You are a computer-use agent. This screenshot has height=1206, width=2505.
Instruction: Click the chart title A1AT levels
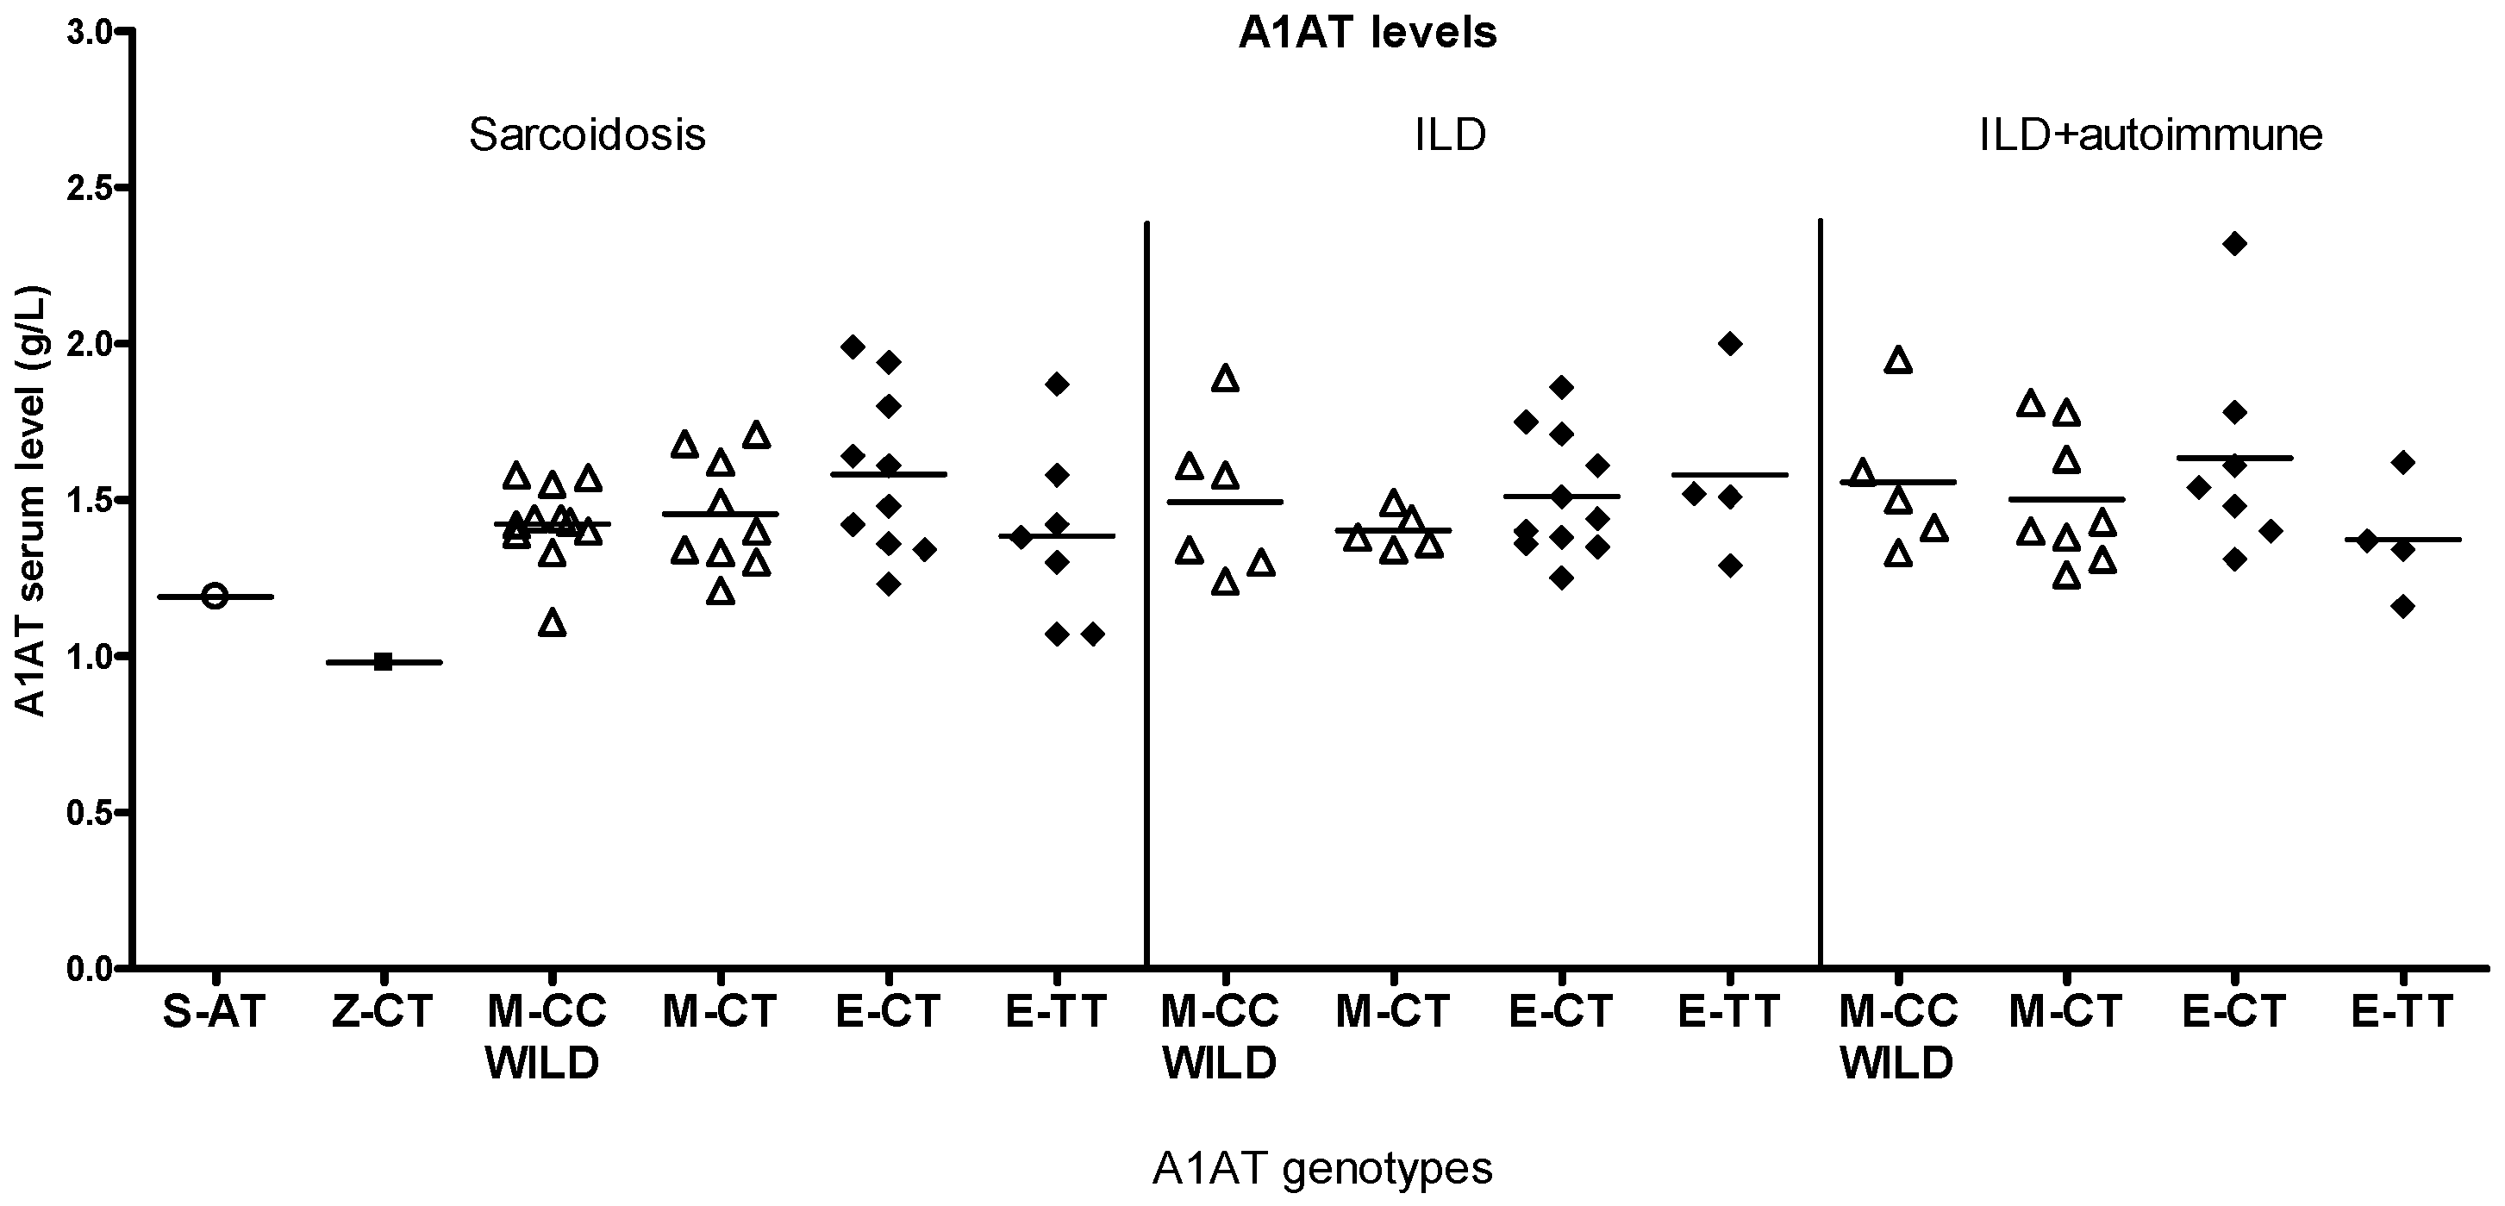(1367, 33)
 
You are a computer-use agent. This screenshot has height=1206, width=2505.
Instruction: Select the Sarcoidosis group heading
(587, 134)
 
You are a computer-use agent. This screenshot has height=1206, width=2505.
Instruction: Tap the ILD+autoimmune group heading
(2151, 134)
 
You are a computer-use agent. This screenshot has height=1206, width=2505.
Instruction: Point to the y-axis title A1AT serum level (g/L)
(31, 501)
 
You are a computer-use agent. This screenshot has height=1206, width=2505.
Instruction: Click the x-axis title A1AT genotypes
(1321, 1168)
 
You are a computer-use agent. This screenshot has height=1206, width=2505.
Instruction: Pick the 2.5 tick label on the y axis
(91, 188)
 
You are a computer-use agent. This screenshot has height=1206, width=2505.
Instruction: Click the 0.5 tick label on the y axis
(91, 812)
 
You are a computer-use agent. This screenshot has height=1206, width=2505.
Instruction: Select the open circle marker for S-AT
(215, 597)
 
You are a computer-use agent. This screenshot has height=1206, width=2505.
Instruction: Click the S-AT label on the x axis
(214, 1012)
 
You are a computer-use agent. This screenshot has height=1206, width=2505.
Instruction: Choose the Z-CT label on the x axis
(382, 1012)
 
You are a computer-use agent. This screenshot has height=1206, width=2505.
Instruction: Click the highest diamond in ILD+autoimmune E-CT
(2234, 243)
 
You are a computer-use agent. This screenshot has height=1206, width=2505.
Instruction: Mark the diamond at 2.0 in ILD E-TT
(1730, 343)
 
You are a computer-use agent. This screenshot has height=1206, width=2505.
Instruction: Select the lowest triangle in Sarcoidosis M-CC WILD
(553, 622)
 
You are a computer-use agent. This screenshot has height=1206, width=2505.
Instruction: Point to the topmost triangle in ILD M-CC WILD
(1227, 378)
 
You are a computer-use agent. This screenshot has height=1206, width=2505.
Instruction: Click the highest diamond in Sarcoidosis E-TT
(1057, 384)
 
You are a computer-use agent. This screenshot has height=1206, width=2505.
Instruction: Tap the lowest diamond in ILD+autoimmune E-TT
(2403, 607)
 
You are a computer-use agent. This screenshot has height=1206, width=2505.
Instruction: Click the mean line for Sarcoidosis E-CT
(888, 475)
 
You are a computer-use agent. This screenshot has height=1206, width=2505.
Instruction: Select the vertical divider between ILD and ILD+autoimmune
(1820, 584)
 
